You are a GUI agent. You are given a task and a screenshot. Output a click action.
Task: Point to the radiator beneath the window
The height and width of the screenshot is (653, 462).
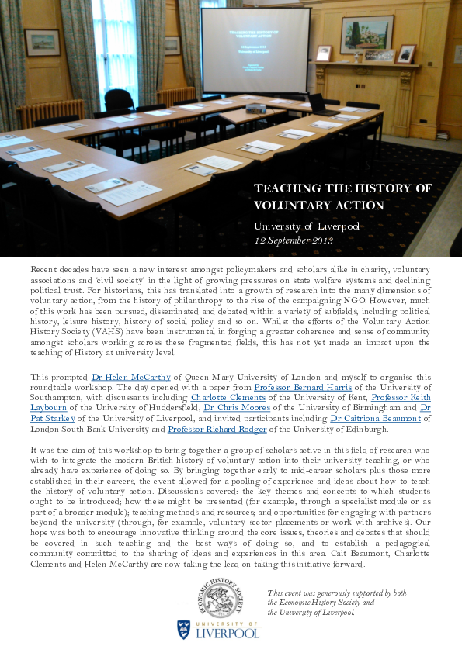pos(50,110)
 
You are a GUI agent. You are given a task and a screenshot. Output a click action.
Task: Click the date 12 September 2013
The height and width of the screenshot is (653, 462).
pos(294,240)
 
